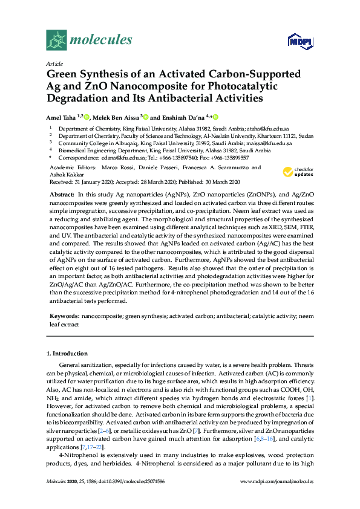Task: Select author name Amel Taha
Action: [x=62, y=117]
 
